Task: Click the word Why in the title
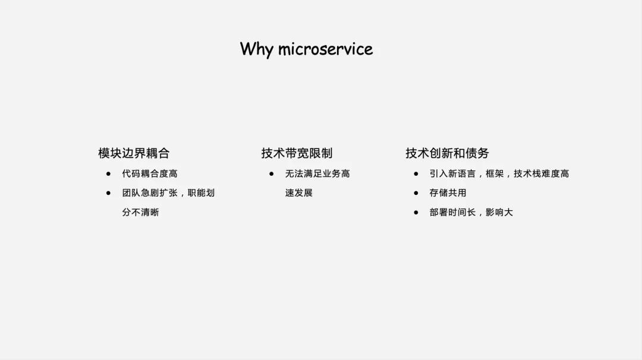256,49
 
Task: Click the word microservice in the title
325,49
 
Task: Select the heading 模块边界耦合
134,153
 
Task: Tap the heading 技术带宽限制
297,153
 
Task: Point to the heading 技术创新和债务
447,153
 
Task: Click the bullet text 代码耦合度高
150,173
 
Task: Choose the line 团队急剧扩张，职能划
168,193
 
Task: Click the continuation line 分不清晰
140,212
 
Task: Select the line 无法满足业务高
317,173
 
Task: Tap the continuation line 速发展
298,193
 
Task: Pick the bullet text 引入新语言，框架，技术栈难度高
499,173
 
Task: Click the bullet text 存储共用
448,193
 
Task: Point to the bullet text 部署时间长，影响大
471,212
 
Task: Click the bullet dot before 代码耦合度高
108,173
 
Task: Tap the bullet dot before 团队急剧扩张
108,193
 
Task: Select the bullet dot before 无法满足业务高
271,173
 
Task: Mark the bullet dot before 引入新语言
416,173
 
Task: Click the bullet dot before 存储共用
416,193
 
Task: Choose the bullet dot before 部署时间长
416,212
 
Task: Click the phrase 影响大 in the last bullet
499,212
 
